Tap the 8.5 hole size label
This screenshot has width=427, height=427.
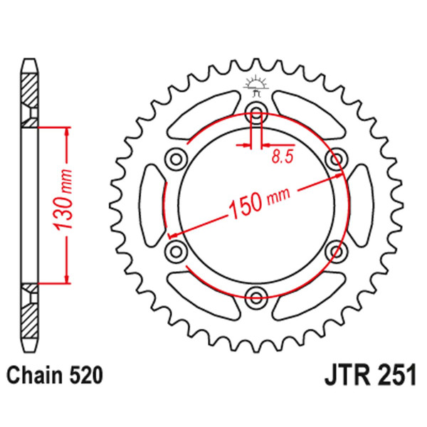[283, 158]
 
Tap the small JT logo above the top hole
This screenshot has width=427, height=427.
[255, 85]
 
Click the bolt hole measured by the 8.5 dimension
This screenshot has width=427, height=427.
[256, 109]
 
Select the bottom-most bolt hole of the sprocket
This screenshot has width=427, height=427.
[256, 295]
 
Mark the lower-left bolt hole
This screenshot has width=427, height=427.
[175, 249]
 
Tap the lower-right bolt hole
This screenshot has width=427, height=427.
[336, 249]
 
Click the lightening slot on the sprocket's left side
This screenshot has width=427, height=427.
[152, 203]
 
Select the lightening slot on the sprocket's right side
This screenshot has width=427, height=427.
[361, 203]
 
